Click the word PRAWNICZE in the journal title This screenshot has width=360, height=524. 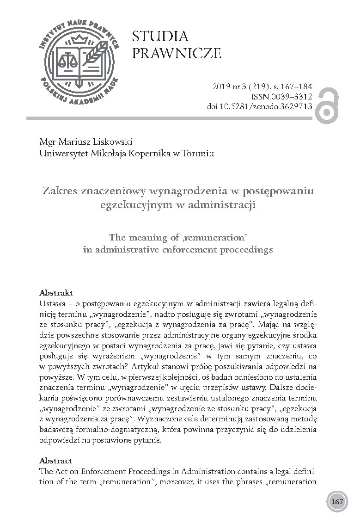tap(177, 54)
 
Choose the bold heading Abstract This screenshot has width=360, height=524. tap(56, 461)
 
